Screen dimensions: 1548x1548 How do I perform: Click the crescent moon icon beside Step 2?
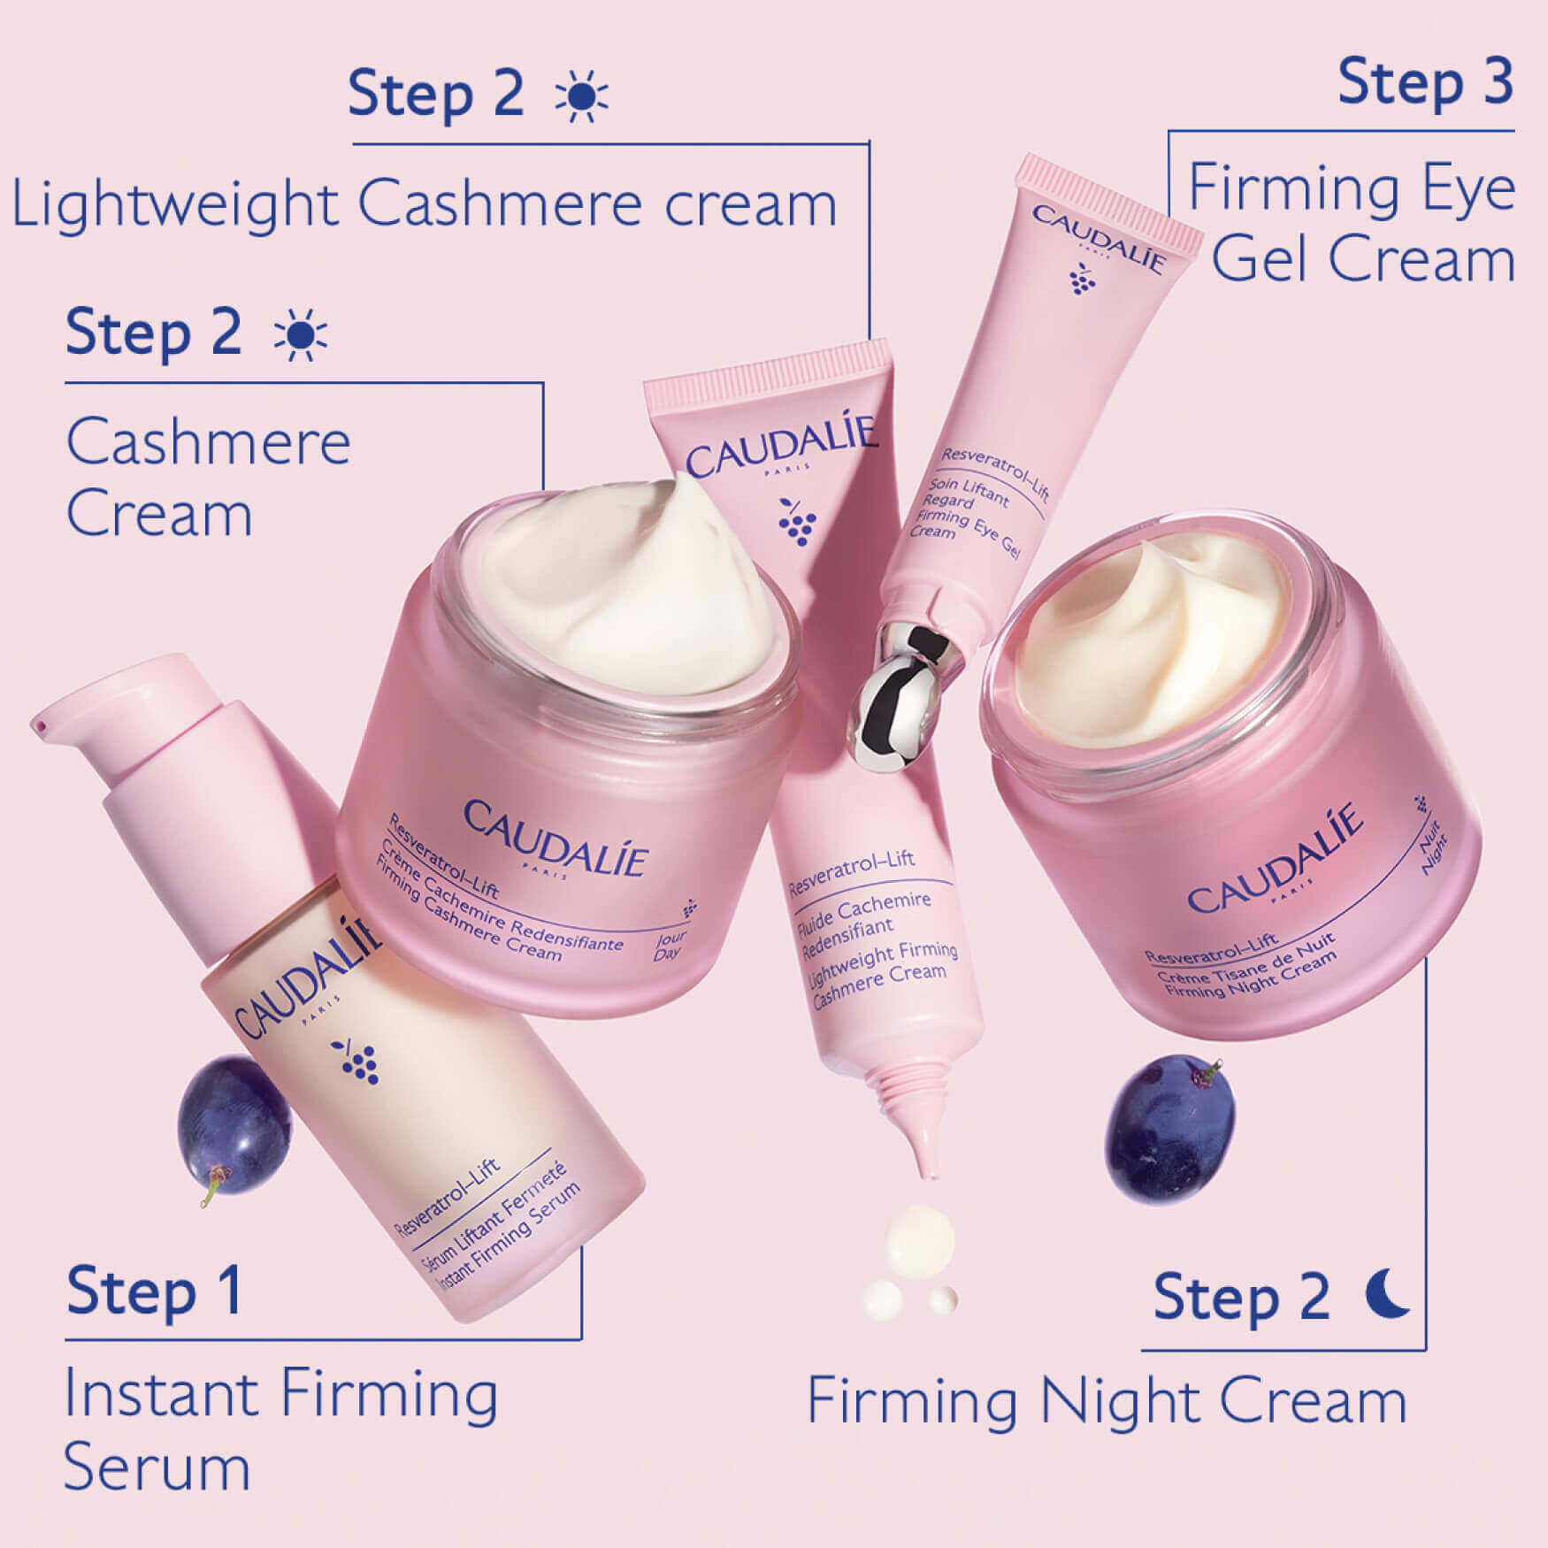click(x=1386, y=1294)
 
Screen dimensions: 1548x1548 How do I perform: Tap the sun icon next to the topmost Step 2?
click(x=581, y=96)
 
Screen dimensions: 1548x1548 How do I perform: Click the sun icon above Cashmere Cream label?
click(x=300, y=335)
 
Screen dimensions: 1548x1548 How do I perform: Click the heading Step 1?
click(x=154, y=1292)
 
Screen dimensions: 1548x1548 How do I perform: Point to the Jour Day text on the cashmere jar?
click(x=670, y=945)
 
